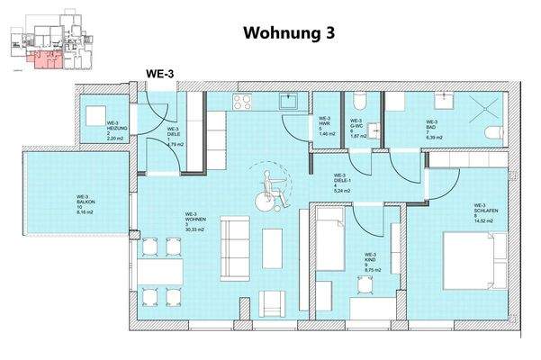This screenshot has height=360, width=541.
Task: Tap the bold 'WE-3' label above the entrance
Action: pos(161,75)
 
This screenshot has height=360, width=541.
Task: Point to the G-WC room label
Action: pos(356,130)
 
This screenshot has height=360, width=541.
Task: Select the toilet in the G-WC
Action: pos(359,99)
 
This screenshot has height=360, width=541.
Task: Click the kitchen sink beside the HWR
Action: pos(289,102)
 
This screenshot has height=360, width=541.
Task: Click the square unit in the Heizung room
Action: pos(95,115)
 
